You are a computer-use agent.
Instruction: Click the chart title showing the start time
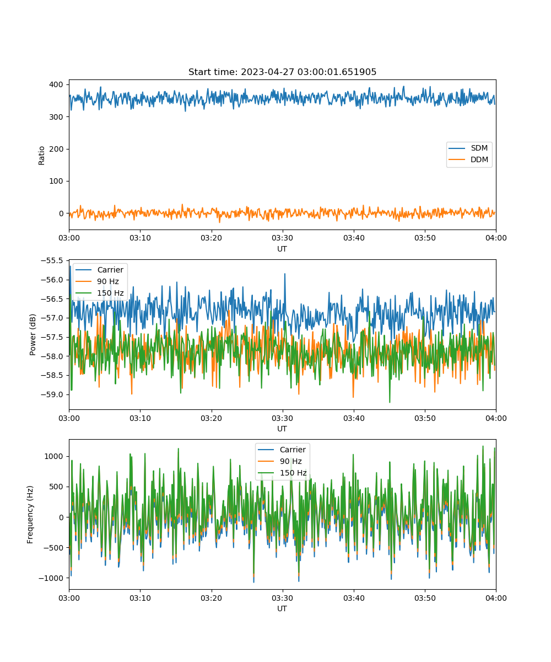pos(282,72)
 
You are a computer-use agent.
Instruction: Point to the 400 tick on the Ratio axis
pos(56,84)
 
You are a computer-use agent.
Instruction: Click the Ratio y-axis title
pos(41,156)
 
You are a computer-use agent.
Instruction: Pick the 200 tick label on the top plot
pos(56,149)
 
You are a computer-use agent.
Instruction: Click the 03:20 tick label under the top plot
pos(211,238)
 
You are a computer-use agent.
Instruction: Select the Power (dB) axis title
pos(33,335)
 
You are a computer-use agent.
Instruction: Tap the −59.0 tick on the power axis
pos(52,395)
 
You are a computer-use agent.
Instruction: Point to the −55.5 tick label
pos(52,260)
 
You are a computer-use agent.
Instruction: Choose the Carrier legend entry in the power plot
pos(99,270)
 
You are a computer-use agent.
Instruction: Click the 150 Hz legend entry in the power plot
pos(99,293)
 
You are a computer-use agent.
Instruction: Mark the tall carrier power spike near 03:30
pos(285,274)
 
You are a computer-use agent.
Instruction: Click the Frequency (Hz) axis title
pos(30,515)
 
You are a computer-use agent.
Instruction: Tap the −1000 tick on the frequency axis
pos(51,578)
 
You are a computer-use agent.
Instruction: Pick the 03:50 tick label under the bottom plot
pos(425,598)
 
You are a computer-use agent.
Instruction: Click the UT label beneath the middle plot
pos(282,429)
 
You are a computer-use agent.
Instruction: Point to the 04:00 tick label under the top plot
pos(496,238)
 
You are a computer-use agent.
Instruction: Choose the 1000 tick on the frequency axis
pos(54,457)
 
